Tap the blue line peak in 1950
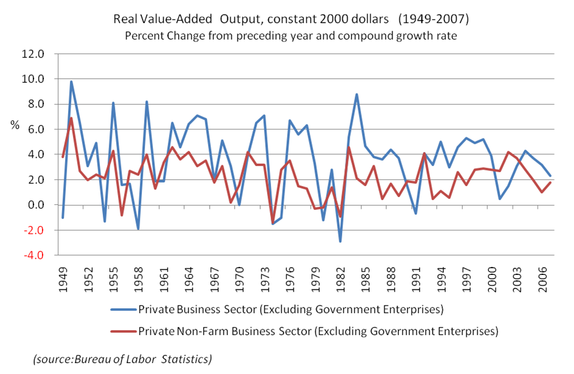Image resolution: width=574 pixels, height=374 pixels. pos(71,81)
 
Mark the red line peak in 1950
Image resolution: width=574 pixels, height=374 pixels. pos(71,118)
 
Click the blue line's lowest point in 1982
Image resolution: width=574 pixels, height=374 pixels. pos(341,241)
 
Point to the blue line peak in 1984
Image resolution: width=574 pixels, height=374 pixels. pos(357,94)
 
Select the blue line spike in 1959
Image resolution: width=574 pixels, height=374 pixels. pos(147,102)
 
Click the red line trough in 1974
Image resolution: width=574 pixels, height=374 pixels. pos(273,224)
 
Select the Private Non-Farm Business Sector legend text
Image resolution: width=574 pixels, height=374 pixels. pos(318,331)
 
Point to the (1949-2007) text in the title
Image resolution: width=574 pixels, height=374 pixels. pos(434,19)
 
